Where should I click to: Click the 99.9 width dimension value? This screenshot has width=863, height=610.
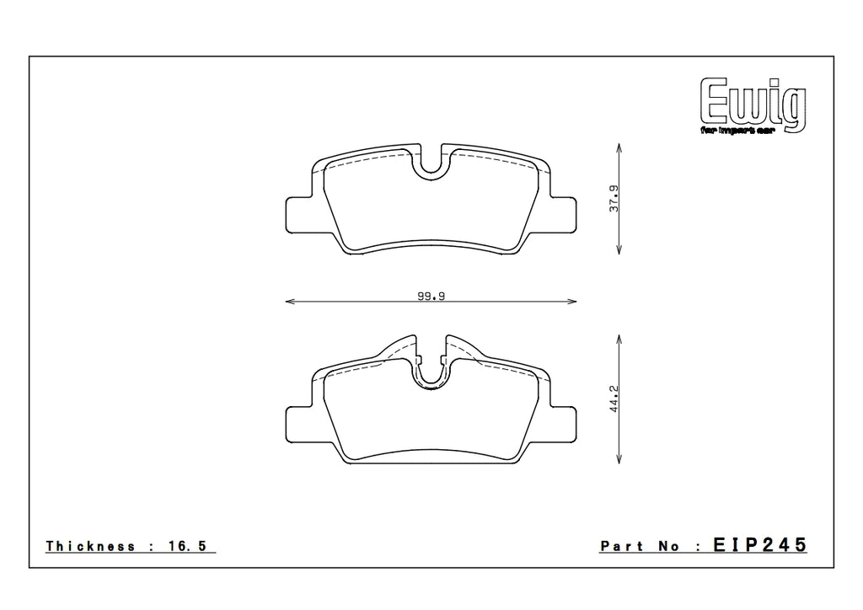431,296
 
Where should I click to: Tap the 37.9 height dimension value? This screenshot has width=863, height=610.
615,198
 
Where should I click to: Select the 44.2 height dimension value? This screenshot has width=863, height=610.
615,398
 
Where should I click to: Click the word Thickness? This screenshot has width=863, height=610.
90,547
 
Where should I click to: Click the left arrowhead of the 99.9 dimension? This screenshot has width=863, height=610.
289,301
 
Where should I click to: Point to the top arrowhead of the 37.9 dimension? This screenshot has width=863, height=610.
620,147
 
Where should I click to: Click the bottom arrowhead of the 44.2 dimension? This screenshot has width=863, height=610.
620,460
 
